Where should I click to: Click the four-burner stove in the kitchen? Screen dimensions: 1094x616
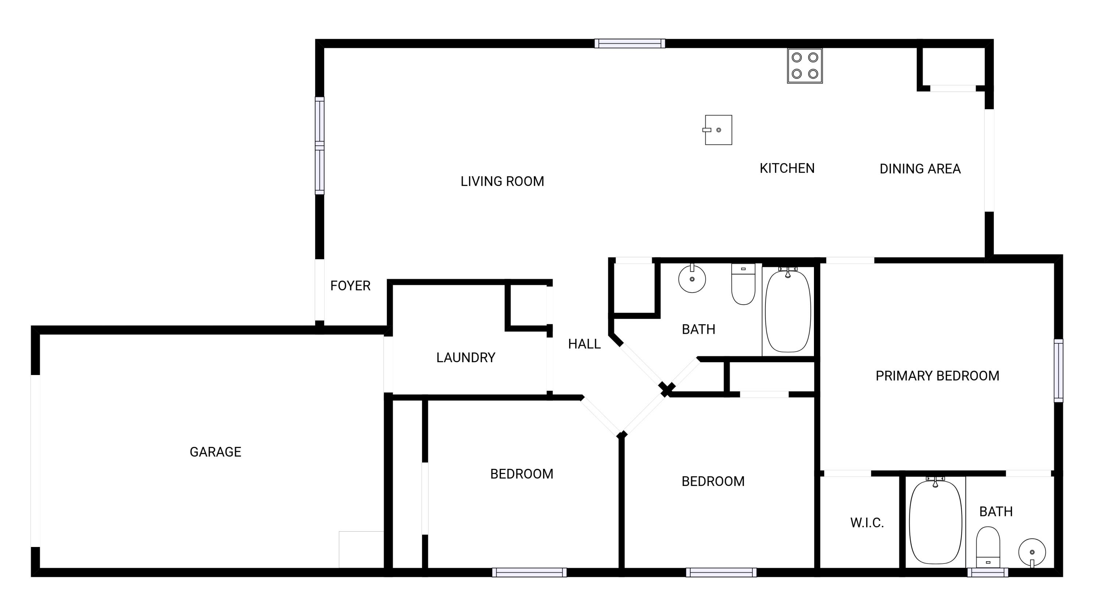pos(805,66)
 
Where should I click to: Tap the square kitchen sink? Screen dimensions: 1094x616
pos(718,130)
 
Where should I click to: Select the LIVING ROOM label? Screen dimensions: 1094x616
pos(503,181)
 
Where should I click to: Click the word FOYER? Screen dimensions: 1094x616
pos(350,286)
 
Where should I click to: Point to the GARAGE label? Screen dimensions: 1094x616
pos(215,452)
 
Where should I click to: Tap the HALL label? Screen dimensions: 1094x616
pos(584,344)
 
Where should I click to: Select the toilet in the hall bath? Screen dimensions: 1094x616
pos(743,284)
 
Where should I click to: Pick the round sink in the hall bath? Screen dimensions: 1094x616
pos(692,279)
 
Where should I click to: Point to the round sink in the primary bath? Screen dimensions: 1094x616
pos(1032,553)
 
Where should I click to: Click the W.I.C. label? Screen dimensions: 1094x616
pos(867,523)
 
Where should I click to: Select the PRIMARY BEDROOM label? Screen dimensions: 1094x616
pos(937,376)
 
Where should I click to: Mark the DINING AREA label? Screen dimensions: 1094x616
pos(920,169)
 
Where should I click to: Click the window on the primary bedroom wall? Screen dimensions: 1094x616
pos(1059,370)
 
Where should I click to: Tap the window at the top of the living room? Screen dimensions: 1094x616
pos(630,43)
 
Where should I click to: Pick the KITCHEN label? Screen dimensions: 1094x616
pos(787,168)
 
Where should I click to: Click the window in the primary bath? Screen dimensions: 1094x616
pos(988,573)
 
